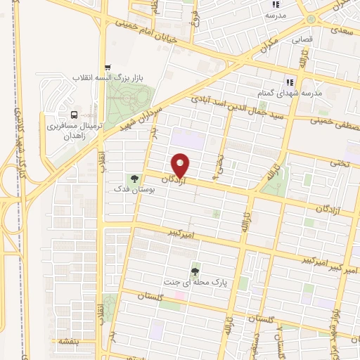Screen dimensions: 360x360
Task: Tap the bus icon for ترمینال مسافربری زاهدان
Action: point(73,115)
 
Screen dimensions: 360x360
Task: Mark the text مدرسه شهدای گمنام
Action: point(290,93)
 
